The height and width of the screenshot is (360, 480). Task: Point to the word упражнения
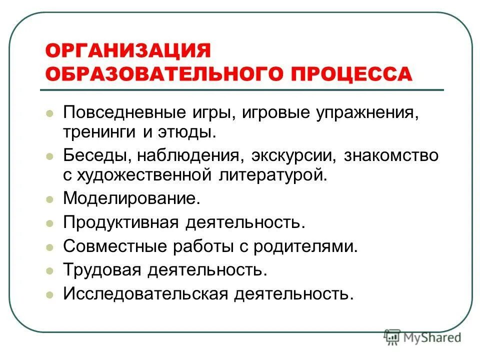(x=365, y=112)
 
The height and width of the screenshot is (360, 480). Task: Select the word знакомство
(x=390, y=155)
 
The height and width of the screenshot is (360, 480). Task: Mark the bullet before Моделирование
(x=49, y=199)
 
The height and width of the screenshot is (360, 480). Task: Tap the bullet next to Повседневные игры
(x=49, y=113)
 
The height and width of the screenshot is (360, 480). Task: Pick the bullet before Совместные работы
(x=49, y=247)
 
